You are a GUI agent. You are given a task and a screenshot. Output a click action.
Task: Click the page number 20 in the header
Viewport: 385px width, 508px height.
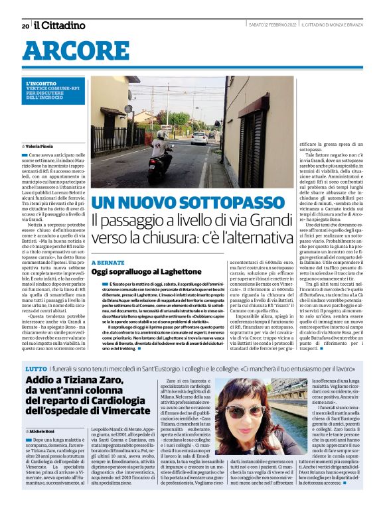tap(25, 26)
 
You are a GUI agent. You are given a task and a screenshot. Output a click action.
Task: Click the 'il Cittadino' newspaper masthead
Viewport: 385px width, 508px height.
tap(60, 25)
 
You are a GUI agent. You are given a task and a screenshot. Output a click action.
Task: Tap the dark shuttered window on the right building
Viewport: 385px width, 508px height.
tap(256, 140)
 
